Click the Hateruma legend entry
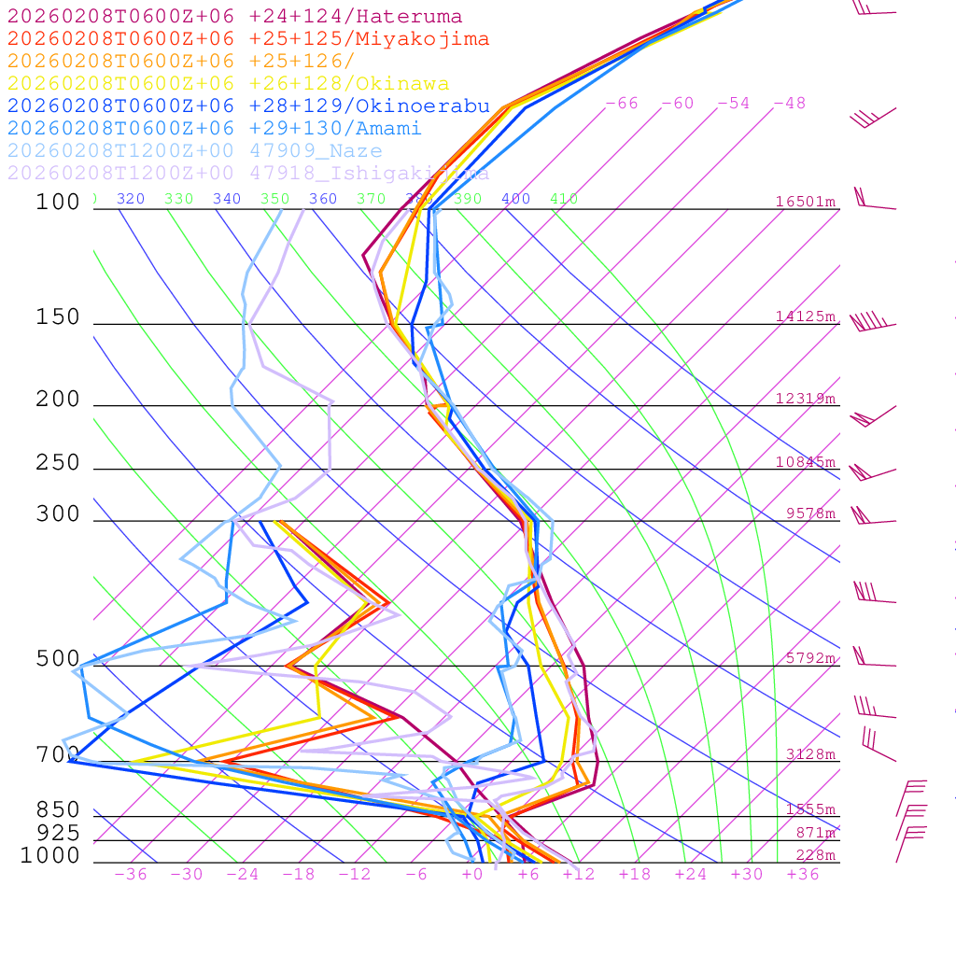pyautogui.click(x=234, y=17)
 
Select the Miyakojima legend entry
pyautogui.click(x=247, y=39)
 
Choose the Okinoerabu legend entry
pyautogui.click(x=248, y=106)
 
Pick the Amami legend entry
pyautogui.click(x=214, y=129)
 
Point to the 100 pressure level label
pyautogui.click(x=58, y=202)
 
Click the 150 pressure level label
pyautogui.click(x=58, y=317)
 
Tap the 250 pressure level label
pyautogui.click(x=58, y=463)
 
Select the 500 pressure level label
pyautogui.click(x=58, y=659)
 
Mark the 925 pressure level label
pyautogui.click(x=58, y=833)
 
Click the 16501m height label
pyautogui.click(x=805, y=202)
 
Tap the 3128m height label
pyautogui.click(x=810, y=754)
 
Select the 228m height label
pyautogui.click(x=815, y=855)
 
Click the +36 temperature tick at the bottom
pyautogui.click(x=803, y=874)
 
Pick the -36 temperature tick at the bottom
pyautogui.click(x=131, y=874)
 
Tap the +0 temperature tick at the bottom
pyautogui.click(x=472, y=874)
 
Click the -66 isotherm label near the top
pyautogui.click(x=622, y=103)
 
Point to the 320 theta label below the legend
pyautogui.click(x=131, y=199)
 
